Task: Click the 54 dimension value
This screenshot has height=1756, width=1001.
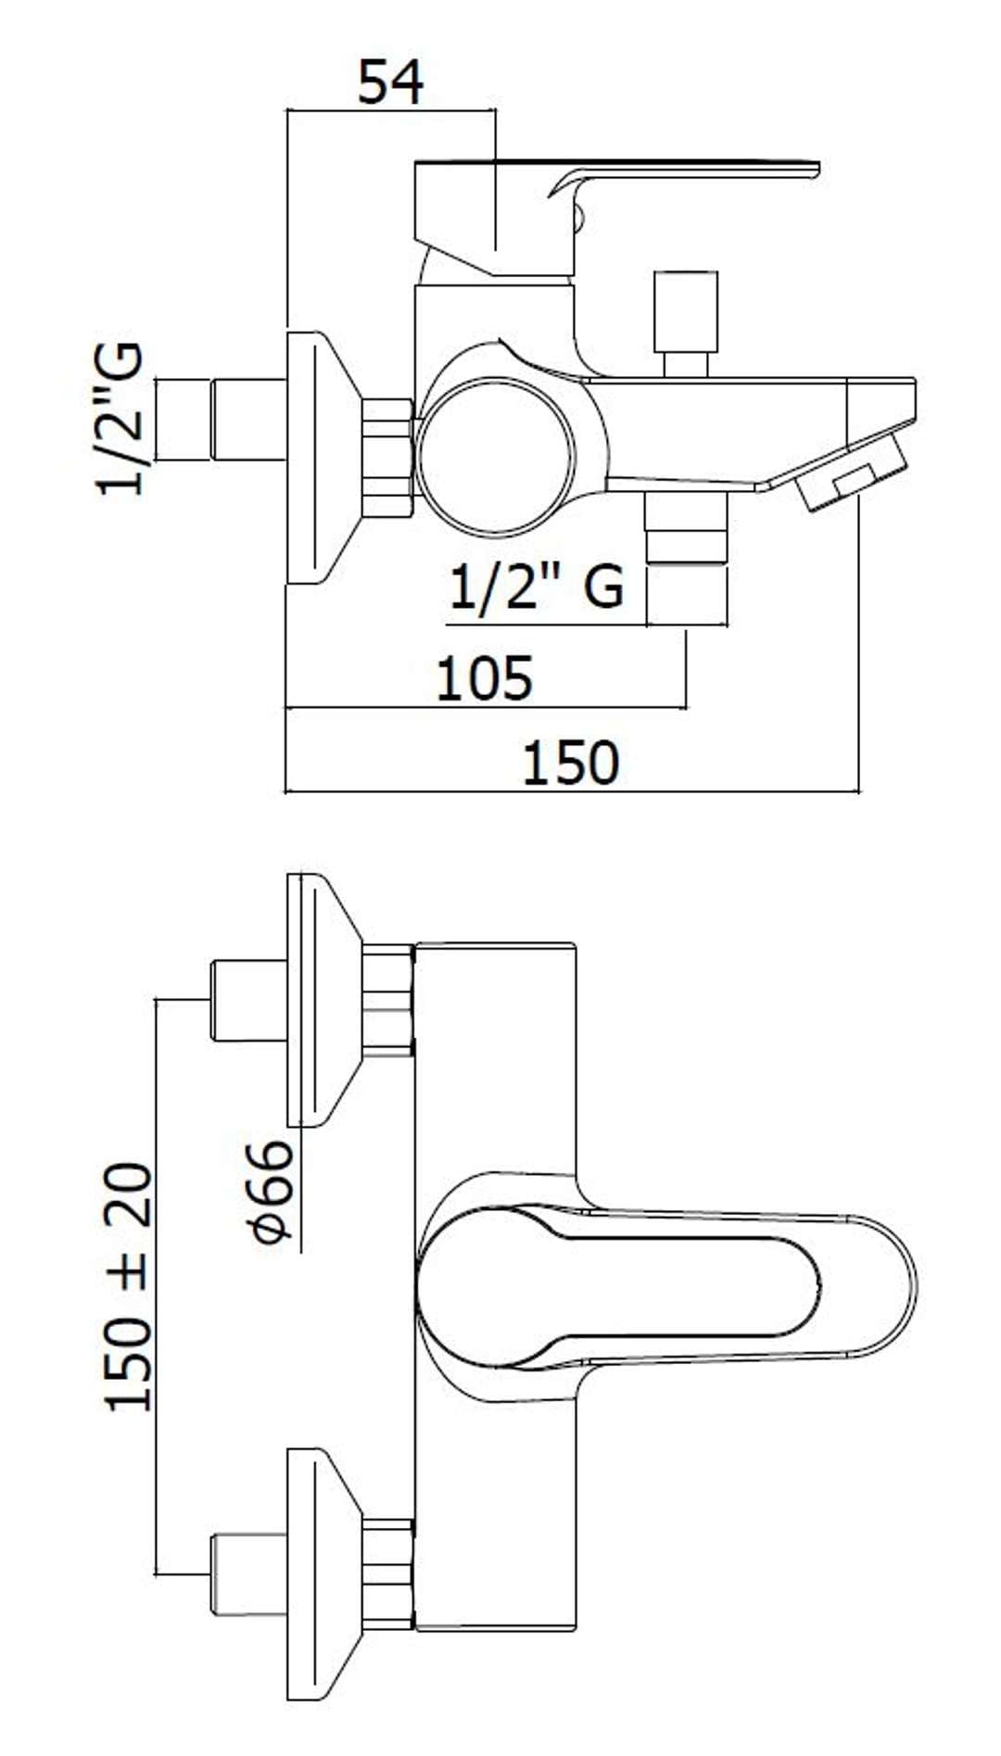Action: click(x=391, y=82)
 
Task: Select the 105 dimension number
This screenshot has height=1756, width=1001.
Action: click(x=485, y=677)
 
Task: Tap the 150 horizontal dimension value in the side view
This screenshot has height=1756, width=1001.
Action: click(x=571, y=763)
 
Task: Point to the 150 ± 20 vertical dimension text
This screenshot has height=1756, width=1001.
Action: click(x=129, y=1287)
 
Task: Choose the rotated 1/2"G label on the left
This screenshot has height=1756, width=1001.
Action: click(x=121, y=419)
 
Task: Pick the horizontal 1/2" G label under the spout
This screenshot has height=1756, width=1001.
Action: click(x=537, y=586)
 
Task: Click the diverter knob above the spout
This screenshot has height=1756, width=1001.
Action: click(x=686, y=323)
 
